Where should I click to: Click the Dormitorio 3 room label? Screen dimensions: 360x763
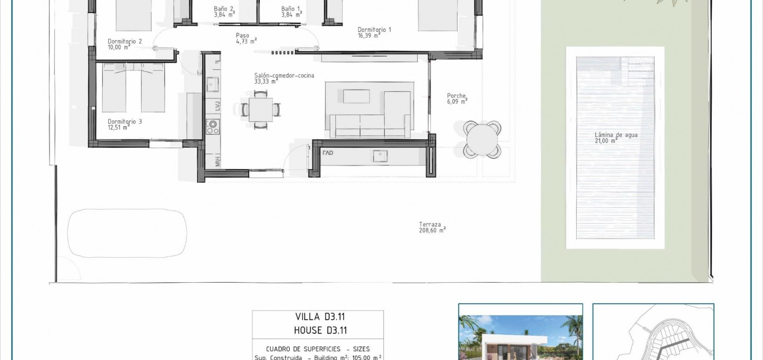coord(124,124)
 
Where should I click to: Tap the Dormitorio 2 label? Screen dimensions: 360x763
coord(124,44)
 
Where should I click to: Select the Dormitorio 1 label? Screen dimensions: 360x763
coord(374,32)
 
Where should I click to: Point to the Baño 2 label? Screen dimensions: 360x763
coord(224,12)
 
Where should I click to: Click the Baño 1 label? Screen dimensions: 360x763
coord(291,12)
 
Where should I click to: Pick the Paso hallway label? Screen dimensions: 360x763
coord(245,38)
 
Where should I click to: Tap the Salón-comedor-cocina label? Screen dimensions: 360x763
coord(284,78)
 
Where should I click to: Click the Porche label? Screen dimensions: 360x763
coord(456,98)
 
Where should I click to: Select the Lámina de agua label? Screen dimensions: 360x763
coord(615,137)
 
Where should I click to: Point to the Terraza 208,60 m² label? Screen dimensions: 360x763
coord(432,227)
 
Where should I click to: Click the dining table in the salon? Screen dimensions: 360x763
coord(260,110)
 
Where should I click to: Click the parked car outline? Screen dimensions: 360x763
coord(127,232)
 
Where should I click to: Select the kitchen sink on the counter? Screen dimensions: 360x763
coord(213,85)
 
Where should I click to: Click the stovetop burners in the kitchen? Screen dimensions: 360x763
coord(213,126)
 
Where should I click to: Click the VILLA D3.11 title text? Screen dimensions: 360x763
coord(320,317)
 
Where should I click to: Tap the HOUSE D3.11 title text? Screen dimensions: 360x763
coord(320,331)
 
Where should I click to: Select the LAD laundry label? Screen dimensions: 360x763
coord(328,153)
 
